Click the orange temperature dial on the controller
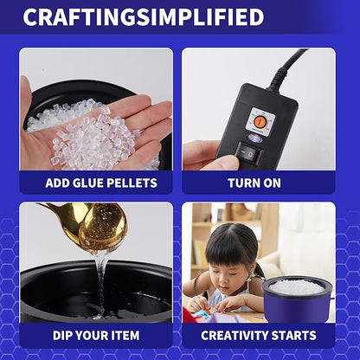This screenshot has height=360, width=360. point(257,120)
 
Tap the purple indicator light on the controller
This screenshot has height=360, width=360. point(255,138)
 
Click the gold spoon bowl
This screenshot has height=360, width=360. point(103,229)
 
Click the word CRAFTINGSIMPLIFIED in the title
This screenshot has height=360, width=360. point(144,17)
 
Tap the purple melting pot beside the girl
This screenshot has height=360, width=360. point(299,299)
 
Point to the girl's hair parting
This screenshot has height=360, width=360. point(227,234)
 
